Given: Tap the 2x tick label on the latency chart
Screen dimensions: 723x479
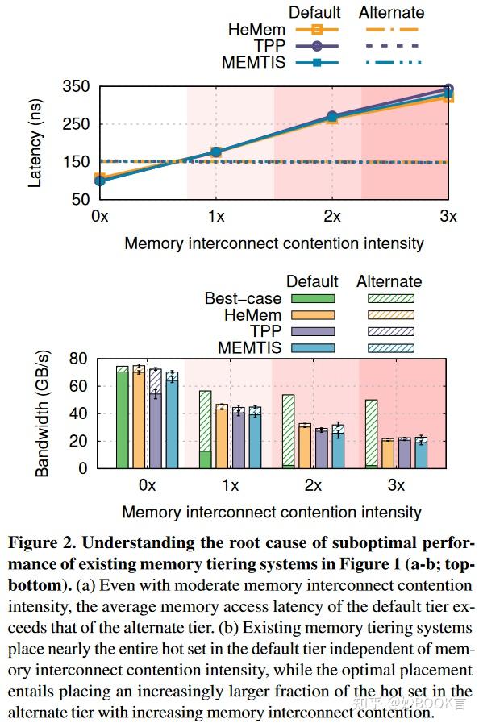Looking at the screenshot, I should pos(331,216).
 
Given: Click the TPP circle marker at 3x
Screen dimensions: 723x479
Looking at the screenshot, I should pos(448,89).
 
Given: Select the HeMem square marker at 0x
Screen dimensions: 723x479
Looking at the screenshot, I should pos(100,177).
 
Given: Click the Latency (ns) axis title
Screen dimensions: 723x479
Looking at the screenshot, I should pos(35,141).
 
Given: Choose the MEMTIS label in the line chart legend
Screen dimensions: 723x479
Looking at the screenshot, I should pos(253,61).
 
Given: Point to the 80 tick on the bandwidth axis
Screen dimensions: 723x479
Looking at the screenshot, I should pos(78,359).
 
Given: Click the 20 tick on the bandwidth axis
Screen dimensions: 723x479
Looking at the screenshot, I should pos(78,441).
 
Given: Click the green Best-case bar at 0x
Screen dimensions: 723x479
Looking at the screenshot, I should pos(123,419).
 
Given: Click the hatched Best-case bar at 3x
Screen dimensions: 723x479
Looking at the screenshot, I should pos(371,431).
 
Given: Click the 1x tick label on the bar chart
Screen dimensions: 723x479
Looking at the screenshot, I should pos(230,486).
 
